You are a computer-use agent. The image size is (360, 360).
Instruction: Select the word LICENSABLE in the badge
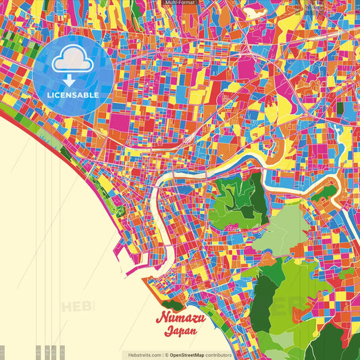[73, 94]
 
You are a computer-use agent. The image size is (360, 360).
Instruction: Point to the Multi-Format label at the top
[180, 3]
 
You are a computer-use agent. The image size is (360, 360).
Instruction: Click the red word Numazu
[180, 318]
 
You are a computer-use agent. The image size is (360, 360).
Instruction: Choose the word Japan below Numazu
[180, 331]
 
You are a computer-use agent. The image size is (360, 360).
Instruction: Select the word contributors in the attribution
[220, 355]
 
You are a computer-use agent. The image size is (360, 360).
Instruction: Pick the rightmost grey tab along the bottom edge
[61, 353]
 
